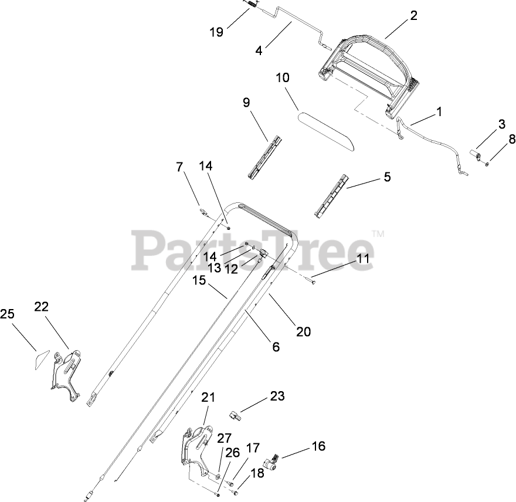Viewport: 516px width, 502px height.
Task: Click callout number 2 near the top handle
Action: (x=413, y=16)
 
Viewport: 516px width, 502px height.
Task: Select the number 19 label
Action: (x=217, y=32)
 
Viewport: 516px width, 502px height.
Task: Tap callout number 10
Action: (x=283, y=77)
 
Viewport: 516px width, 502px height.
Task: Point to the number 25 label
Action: (x=7, y=314)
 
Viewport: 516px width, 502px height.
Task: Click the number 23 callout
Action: (x=277, y=396)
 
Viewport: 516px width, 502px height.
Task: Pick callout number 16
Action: (x=318, y=446)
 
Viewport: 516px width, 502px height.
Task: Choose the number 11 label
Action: (x=364, y=258)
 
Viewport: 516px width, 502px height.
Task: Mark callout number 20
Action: (x=303, y=331)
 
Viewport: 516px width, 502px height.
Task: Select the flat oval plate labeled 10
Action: (x=326, y=131)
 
